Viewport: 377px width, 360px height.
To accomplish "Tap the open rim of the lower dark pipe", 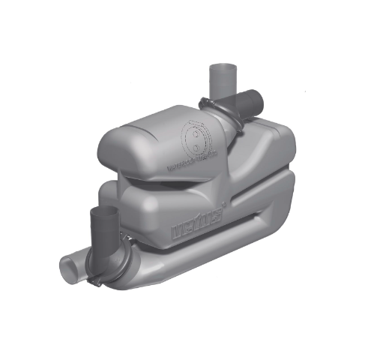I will tap(99, 207).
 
